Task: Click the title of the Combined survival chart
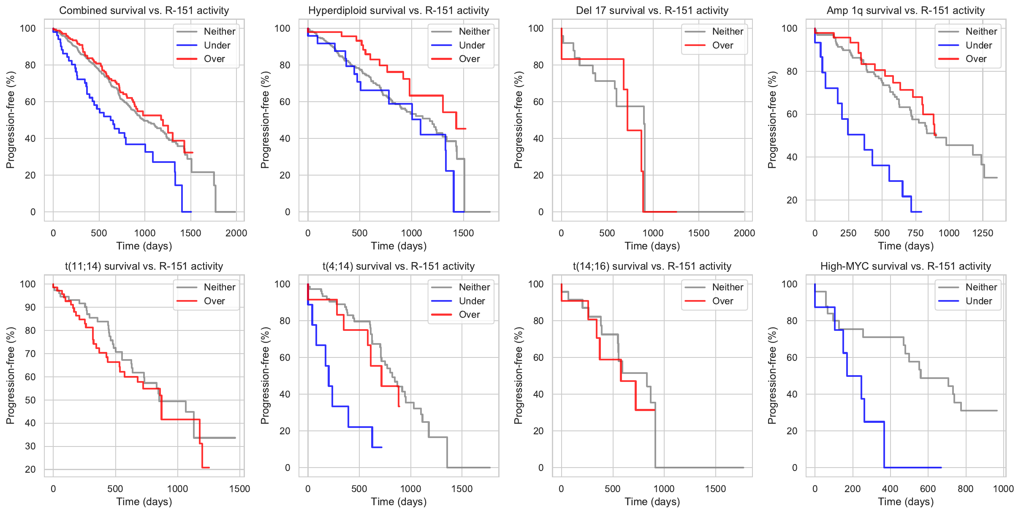(x=144, y=11)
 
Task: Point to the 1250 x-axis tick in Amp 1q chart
(x=983, y=233)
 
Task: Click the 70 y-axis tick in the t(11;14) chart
(x=30, y=354)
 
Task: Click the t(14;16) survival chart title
(x=652, y=266)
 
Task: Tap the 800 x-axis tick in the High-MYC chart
(x=966, y=489)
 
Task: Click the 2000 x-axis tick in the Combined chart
(x=236, y=233)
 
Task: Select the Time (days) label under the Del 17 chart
(x=652, y=246)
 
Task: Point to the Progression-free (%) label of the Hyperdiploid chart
(x=265, y=120)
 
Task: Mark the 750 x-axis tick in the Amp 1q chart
(x=915, y=233)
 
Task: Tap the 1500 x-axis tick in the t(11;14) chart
(x=239, y=489)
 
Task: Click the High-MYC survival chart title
(x=905, y=266)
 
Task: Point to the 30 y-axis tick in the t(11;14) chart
(x=30, y=446)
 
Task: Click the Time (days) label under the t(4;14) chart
(x=399, y=502)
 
